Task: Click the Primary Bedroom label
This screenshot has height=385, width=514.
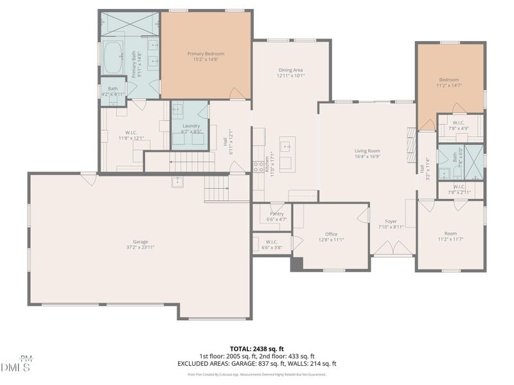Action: click(x=206, y=53)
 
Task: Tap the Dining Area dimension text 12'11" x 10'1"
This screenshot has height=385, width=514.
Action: click(x=290, y=76)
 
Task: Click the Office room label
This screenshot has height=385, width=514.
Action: click(x=331, y=234)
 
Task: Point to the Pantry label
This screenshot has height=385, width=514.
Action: click(x=277, y=214)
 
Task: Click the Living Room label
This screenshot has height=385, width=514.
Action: click(x=368, y=151)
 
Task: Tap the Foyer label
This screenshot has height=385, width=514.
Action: click(x=391, y=221)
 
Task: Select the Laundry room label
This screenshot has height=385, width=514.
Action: click(x=191, y=126)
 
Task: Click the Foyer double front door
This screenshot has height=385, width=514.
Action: click(x=393, y=248)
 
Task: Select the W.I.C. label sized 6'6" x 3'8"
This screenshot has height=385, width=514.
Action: click(x=272, y=242)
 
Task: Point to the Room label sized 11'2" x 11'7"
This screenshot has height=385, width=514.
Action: click(x=450, y=234)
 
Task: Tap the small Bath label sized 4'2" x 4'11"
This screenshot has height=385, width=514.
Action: click(x=113, y=89)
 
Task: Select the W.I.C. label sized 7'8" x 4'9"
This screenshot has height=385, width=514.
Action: click(x=459, y=123)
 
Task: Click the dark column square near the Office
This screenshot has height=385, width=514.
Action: click(x=296, y=264)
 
